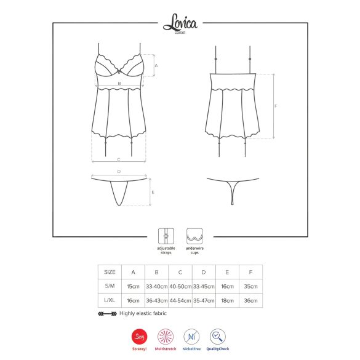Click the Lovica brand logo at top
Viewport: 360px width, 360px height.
(x=180, y=25)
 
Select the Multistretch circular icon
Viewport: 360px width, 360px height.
(x=164, y=337)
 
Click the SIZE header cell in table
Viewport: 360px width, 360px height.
(x=110, y=271)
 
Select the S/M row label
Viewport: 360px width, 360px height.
(x=110, y=286)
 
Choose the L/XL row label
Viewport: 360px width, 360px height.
(x=110, y=301)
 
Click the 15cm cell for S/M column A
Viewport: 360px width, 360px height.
(x=133, y=286)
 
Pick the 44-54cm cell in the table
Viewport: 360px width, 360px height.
(x=180, y=301)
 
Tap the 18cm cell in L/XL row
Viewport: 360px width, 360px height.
(x=227, y=301)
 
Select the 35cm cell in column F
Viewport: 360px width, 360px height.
(x=250, y=286)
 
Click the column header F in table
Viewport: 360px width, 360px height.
(x=250, y=271)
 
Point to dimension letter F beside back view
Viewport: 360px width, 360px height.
(x=276, y=106)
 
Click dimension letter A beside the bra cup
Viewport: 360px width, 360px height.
(x=156, y=65)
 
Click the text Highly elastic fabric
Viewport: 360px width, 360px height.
(x=142, y=314)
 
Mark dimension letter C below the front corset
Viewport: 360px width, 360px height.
(x=119, y=159)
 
